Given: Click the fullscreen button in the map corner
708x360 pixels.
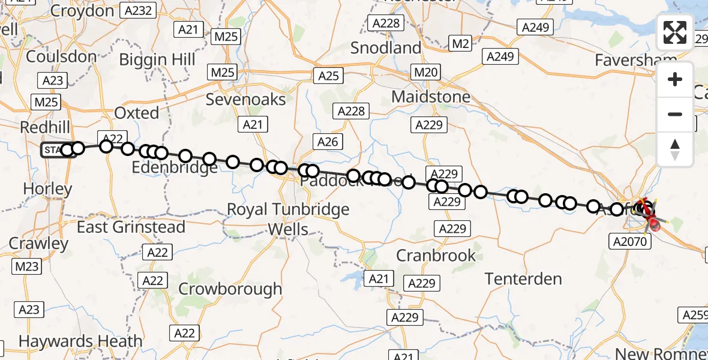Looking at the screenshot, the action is coord(675,32).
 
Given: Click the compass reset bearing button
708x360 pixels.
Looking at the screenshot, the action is coord(675,149).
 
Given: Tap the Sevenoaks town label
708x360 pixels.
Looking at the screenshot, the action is coord(246,99).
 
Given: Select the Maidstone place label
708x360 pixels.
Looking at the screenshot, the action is coord(431,96).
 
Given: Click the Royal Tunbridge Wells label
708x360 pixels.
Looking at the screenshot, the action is coord(288,219).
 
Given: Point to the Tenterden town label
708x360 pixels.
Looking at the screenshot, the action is coord(523,278).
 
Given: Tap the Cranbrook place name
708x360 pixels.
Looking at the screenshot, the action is coord(436,256).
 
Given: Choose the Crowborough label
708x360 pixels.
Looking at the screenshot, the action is coord(230,289).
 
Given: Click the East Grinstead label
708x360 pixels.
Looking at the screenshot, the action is coord(131,227).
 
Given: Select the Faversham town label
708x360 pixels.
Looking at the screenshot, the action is coord(636,60).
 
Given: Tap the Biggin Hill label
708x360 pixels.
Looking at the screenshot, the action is coord(157,60).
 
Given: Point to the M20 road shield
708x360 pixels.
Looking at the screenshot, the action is coord(427,73).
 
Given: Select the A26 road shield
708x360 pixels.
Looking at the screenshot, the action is coord(328,142).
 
